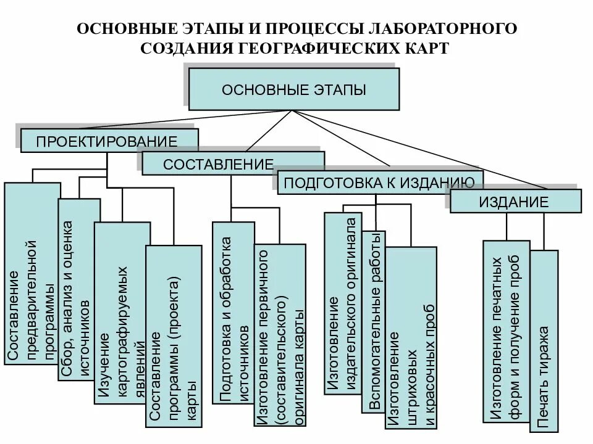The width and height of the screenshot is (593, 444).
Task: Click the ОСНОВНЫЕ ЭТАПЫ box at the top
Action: coord(293,89)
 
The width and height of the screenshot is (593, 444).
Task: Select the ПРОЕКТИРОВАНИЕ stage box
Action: coord(109,141)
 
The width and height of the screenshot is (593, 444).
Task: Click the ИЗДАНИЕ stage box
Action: coord(515,201)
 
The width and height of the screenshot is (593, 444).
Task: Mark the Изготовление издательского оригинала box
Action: coord(342,302)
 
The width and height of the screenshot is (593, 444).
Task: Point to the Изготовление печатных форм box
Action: coord(506,330)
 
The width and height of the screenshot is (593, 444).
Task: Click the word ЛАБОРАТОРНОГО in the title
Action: coord(443,29)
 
